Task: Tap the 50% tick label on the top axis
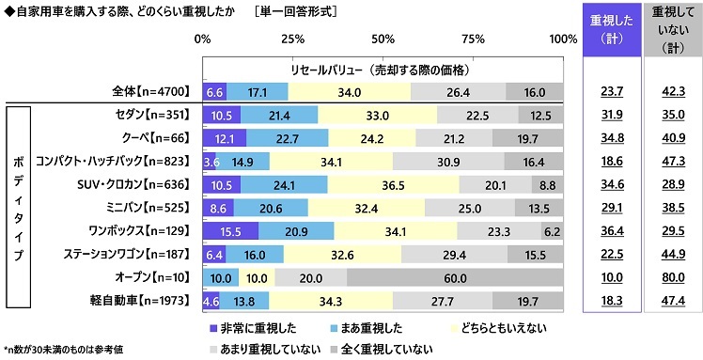pyautogui.click(x=383, y=39)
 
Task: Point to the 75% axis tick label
pyautogui.click(x=473, y=39)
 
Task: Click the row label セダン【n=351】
pyautogui.click(x=151, y=116)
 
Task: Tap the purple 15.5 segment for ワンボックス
pyautogui.click(x=230, y=230)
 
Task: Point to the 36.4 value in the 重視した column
pyautogui.click(x=610, y=230)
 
